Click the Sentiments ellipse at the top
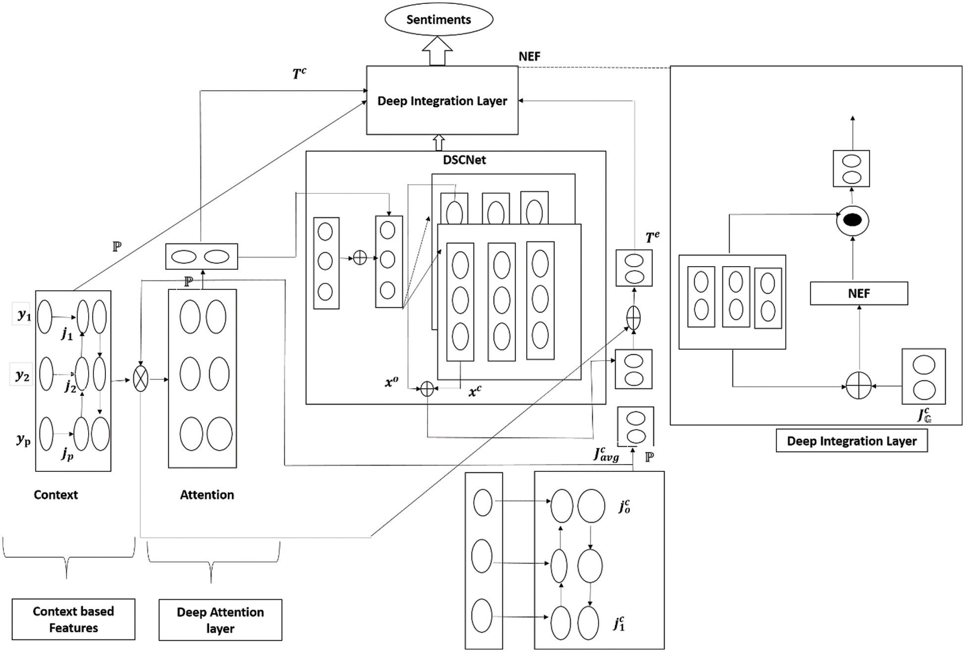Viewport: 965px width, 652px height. [438, 20]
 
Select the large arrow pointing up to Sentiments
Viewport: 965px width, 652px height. [437, 51]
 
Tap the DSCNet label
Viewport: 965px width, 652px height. [464, 160]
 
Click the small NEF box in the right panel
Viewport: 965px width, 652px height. [859, 293]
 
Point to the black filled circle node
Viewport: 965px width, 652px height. [852, 221]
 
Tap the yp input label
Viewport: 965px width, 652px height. [23, 439]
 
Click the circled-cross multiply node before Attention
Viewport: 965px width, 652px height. [141, 379]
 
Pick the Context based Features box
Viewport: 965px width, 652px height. [73, 619]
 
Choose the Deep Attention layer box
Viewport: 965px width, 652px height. [220, 620]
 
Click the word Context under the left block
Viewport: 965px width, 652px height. [55, 495]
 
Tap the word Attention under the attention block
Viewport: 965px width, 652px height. [207, 495]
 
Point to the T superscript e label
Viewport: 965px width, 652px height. [652, 237]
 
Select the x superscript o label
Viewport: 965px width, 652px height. [391, 382]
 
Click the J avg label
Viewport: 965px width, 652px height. [606, 454]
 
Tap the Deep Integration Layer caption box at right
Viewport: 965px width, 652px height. [851, 441]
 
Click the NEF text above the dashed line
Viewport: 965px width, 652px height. [529, 56]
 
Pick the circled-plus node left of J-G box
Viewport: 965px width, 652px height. [859, 385]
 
